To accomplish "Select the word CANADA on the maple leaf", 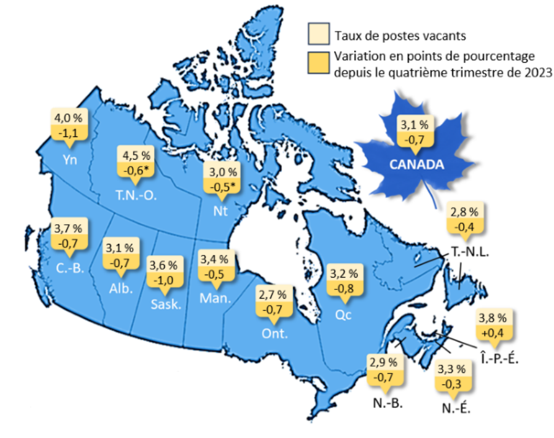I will click(x=416, y=164).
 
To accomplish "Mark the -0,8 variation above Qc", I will click(x=343, y=287).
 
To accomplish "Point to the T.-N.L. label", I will click(x=469, y=253).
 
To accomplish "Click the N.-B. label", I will click(x=388, y=404).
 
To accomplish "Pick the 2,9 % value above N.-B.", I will click(x=383, y=362).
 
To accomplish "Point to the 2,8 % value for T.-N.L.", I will click(x=464, y=212).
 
